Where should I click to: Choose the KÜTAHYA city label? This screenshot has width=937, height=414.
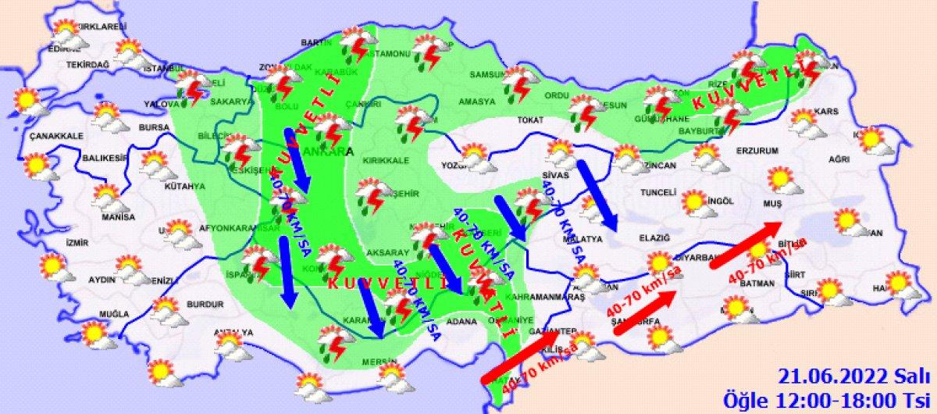point(184,187)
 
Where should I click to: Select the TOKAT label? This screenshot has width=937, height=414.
point(529,120)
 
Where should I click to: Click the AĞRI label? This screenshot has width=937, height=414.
point(839,160)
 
